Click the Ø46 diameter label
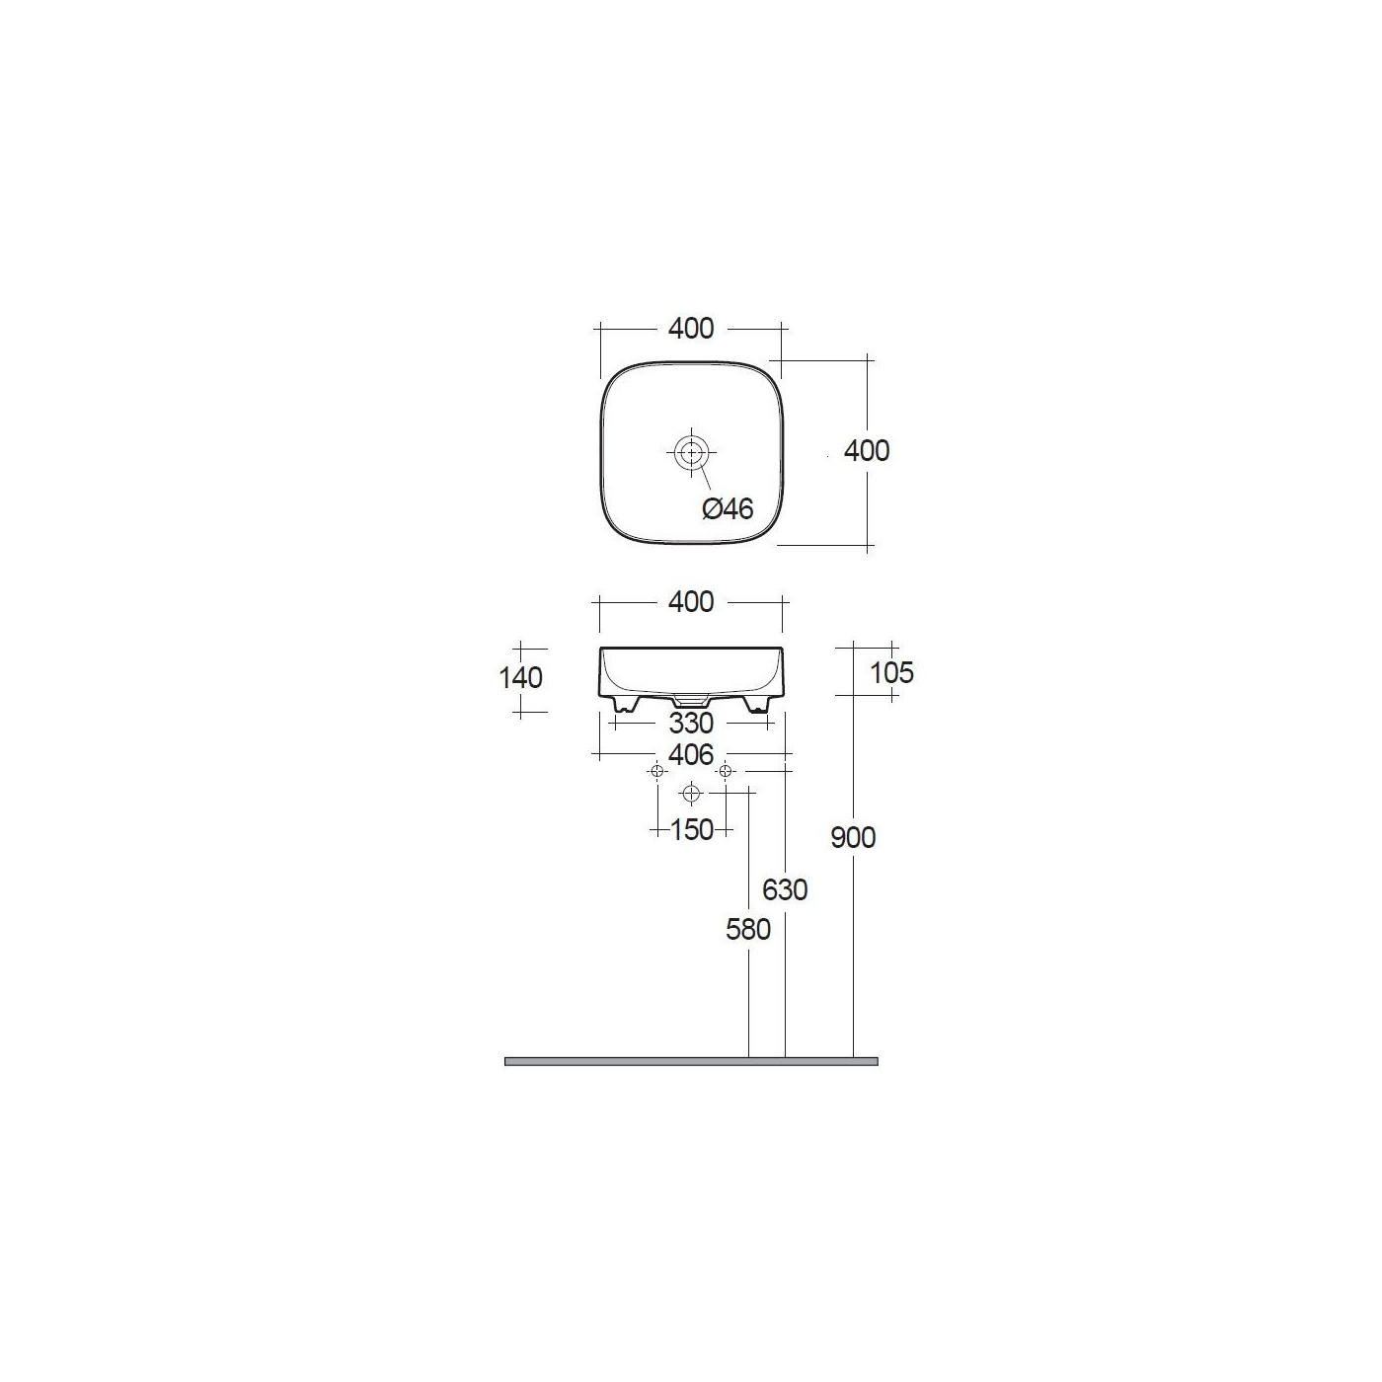728,509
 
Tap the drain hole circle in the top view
691,452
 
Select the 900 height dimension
853,838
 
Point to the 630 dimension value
785,890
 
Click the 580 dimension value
748,930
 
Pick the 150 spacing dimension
691,830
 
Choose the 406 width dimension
691,754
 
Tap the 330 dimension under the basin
691,723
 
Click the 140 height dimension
520,677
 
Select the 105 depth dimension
891,672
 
